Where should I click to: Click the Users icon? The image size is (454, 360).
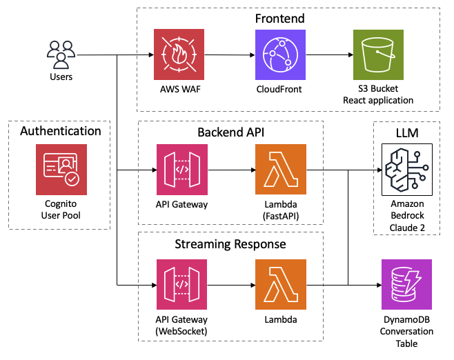click(x=61, y=54)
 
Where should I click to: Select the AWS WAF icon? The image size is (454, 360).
click(x=179, y=54)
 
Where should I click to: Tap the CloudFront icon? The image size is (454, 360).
click(x=280, y=54)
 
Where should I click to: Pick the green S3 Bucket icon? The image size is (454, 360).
click(x=378, y=54)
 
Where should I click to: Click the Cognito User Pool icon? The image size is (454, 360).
click(x=61, y=170)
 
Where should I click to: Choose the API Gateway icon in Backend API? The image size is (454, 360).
click(x=182, y=170)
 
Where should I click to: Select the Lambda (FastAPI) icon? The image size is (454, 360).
click(x=281, y=169)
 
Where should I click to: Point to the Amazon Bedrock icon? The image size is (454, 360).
click(x=407, y=170)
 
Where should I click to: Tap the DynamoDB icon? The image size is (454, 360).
click(x=407, y=284)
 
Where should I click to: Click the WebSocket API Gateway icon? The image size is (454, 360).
click(x=182, y=284)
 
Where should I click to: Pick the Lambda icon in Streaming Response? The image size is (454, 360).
click(x=281, y=284)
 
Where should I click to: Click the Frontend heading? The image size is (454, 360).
click(x=279, y=19)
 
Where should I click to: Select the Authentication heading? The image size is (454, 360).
click(x=61, y=131)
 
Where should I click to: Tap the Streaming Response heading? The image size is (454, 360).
click(x=230, y=244)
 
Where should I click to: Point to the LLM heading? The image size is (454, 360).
click(x=407, y=133)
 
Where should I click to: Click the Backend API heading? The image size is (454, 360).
click(x=230, y=132)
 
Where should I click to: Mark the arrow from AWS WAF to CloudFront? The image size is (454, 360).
click(x=230, y=54)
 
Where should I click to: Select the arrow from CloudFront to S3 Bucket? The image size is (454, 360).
click(x=330, y=54)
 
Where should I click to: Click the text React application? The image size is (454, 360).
click(x=378, y=100)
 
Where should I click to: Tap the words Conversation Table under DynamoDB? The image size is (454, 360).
click(x=407, y=337)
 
